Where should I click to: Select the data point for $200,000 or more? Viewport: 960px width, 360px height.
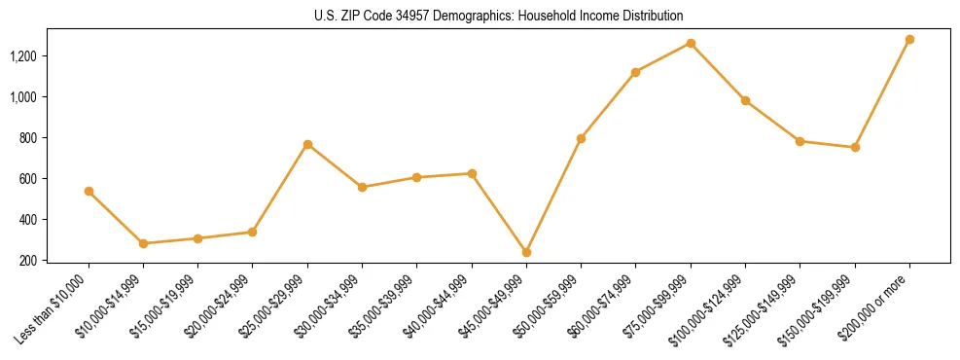909,40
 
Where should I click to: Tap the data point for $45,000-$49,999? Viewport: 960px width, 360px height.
526,252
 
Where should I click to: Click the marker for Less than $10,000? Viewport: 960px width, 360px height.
89,192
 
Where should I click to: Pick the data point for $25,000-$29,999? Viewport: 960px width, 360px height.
307,145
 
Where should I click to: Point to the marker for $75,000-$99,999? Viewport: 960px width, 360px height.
691,43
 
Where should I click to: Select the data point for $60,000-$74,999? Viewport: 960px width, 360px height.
635,72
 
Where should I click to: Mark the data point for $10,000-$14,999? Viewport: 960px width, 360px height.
143,243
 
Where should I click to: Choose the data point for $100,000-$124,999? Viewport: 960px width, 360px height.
745,100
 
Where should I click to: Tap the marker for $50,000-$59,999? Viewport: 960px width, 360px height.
581,138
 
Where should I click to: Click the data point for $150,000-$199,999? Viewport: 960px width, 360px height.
855,147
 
